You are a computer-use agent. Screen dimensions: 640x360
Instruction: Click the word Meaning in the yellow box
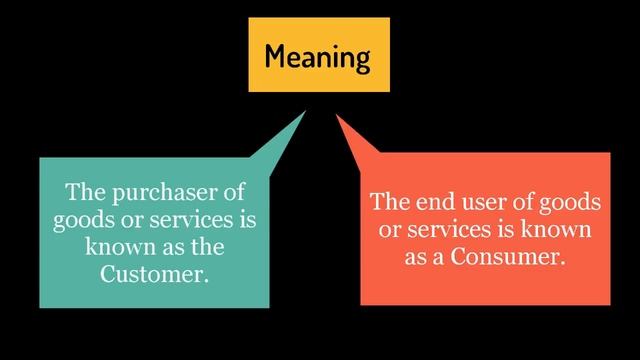pyautogui.click(x=318, y=56)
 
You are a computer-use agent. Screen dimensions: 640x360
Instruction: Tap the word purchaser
pyautogui.click(x=154, y=191)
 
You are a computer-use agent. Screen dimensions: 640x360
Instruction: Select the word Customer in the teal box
pyautogui.click(x=154, y=273)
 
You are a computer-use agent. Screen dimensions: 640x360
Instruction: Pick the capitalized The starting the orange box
pyautogui.click(x=389, y=203)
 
